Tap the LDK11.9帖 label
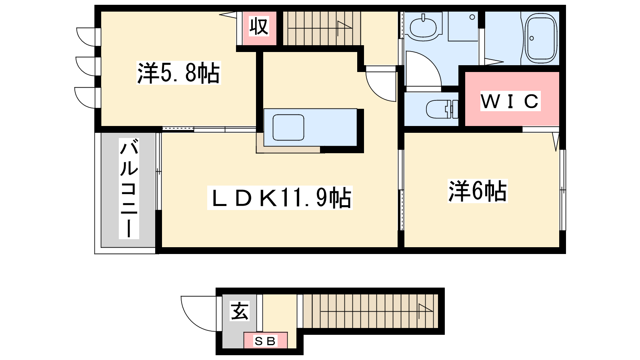[280, 198]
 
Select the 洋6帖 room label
[478, 191]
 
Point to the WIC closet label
[510, 101]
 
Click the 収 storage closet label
[259, 26]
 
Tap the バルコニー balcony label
[129, 188]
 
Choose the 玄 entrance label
[240, 311]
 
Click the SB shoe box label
[265, 341]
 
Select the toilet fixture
[442, 109]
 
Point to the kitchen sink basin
[288, 128]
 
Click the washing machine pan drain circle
[472, 17]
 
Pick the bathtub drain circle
[532, 38]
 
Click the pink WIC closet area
[512, 98]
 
